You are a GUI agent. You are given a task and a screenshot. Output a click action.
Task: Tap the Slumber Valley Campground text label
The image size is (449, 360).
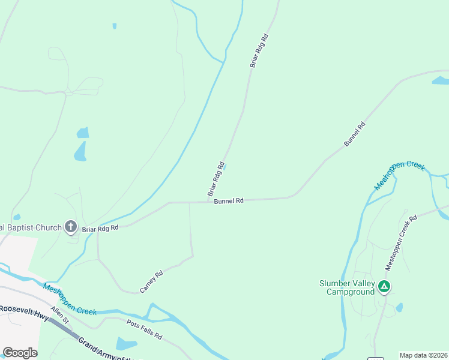click(347, 287)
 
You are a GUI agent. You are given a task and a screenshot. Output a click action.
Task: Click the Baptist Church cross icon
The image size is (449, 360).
click(70, 227)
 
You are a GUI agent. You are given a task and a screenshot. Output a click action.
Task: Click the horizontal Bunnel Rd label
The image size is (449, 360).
click(229, 201)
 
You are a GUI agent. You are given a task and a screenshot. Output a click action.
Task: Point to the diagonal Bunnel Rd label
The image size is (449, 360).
click(354, 134)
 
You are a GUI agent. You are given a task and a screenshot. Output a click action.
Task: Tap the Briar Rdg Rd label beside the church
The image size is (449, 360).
click(100, 228)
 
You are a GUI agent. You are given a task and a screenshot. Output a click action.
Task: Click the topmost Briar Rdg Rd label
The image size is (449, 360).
click(259, 50)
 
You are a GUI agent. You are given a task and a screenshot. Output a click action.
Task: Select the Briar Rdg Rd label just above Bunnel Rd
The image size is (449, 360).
click(215, 179)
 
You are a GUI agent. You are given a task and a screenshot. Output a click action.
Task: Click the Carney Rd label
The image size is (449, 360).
click(151, 282)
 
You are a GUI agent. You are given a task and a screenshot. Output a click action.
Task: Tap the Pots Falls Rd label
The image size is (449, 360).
click(144, 329)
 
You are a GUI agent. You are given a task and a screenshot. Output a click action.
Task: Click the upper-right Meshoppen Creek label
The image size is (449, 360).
click(399, 175)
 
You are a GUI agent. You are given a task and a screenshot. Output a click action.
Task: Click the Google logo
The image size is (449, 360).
click(20, 353)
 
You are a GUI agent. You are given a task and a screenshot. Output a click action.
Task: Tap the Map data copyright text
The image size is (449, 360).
click(423, 355)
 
